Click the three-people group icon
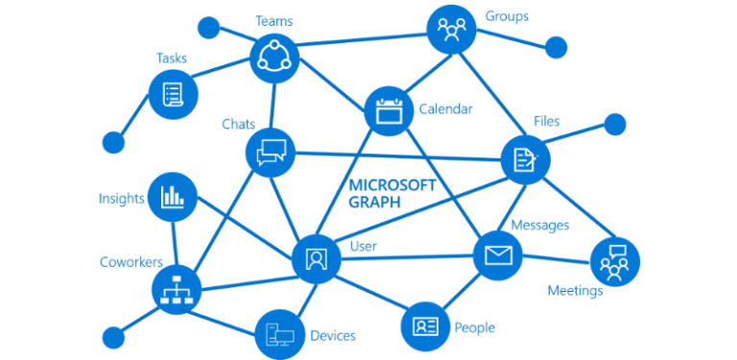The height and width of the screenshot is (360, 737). coord(450,29)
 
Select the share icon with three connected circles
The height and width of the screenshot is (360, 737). coord(274,57)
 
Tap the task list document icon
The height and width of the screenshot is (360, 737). coord(174,95)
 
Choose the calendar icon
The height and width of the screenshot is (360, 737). coord(390,109)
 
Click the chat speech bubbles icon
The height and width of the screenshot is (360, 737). coord(272,152)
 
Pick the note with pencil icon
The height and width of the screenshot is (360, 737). coord(525,158)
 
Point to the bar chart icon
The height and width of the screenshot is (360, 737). coord(174,197)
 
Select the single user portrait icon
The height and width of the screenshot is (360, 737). coord(315,257)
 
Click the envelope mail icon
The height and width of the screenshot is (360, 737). coord(498,254)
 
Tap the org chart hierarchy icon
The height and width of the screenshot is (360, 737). coord(176,288)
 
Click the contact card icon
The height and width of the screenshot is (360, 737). coord(424,325)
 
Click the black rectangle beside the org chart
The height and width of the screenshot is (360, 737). coord(172,333)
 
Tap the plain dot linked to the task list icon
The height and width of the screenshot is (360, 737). coord(113,145)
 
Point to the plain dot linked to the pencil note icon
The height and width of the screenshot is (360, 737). coord(614,124)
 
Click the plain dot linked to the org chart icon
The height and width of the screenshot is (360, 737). coord(113,337)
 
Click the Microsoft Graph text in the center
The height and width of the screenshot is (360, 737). coord(389,190)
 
